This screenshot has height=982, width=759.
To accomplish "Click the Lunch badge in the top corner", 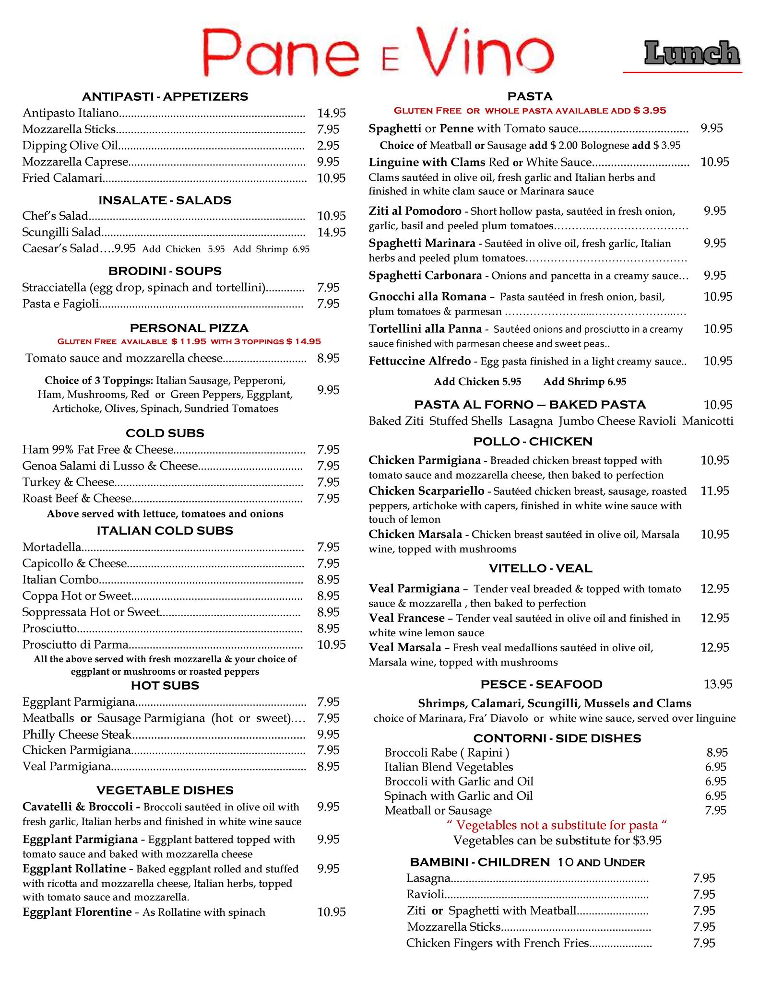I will click(x=691, y=54).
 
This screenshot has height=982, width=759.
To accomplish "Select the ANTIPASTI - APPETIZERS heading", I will click(x=165, y=96).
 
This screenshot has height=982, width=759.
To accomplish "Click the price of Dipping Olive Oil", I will click(x=328, y=145).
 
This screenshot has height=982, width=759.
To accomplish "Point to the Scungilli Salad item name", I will click(x=61, y=233).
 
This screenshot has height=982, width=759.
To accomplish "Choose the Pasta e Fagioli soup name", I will click(x=60, y=304).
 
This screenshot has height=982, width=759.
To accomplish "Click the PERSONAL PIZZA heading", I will click(x=189, y=328).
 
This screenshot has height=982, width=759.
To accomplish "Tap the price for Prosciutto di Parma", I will click(x=331, y=644).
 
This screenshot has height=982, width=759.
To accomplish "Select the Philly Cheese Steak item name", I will click(x=77, y=734).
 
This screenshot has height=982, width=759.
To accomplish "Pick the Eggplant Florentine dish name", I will click(x=77, y=912).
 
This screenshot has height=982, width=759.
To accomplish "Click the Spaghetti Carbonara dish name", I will click(x=425, y=276).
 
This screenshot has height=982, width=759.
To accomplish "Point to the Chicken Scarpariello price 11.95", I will click(x=714, y=491).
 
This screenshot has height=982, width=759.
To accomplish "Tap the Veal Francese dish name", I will click(x=406, y=618).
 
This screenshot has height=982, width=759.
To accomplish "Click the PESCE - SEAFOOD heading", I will click(x=541, y=684).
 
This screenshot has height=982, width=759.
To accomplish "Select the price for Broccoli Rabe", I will click(x=717, y=752).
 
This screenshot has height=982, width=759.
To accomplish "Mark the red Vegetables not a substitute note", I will click(x=557, y=825).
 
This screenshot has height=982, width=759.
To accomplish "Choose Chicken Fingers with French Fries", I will click(x=497, y=943).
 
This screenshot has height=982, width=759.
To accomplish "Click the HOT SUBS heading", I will click(x=165, y=686).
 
